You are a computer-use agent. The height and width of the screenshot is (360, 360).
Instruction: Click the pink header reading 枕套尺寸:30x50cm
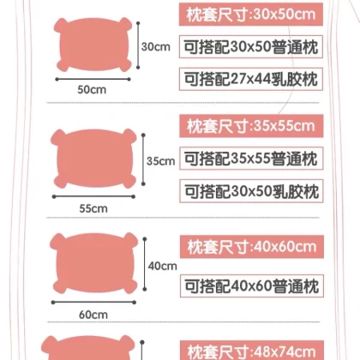[251, 15]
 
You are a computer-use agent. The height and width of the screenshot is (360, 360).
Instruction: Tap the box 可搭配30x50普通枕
[251, 47]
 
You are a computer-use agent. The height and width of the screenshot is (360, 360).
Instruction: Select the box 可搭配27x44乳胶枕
[251, 79]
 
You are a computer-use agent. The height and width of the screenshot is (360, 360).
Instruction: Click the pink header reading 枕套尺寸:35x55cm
[251, 126]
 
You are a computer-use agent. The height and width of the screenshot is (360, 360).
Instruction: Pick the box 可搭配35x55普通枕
[251, 159]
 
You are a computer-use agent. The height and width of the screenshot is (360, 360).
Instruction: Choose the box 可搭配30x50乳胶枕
[251, 191]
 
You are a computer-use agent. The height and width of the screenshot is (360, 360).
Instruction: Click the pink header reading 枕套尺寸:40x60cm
[252, 247]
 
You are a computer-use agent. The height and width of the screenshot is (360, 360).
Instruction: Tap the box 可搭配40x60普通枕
[252, 286]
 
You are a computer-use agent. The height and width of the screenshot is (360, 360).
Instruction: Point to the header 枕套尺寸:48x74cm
[252, 351]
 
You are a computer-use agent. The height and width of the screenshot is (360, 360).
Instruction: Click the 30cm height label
[156, 46]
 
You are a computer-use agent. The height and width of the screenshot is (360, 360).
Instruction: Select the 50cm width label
[92, 90]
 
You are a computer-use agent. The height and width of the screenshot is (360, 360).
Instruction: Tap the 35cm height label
[160, 161]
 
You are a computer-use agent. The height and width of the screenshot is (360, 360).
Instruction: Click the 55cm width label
[93, 208]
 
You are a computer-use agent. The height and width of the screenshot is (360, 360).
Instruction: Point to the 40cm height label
[162, 266]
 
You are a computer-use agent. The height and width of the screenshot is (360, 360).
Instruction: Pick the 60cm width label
[93, 315]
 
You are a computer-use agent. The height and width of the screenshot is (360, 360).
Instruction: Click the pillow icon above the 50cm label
[93, 45]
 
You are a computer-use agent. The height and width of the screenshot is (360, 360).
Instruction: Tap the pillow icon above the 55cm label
[93, 159]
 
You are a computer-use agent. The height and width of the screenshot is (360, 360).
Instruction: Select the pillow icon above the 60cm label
[93, 263]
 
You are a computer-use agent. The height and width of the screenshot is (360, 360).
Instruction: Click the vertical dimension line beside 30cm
[138, 45]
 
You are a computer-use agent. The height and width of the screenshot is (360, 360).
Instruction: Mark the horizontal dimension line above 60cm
[93, 303]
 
